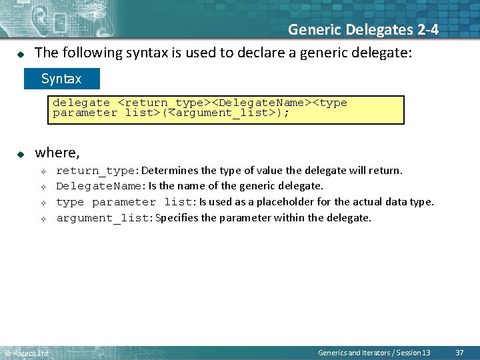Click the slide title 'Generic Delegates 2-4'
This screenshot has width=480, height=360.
(363, 29)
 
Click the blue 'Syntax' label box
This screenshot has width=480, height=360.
(61, 79)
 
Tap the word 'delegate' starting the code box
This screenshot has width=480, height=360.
(81, 103)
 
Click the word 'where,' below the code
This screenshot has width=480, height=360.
(57, 153)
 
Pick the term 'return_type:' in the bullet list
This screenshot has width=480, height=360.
(97, 171)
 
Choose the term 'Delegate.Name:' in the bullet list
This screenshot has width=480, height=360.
(101, 186)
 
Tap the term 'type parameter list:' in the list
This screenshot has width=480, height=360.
(126, 202)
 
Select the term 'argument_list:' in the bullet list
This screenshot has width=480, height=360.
(104, 218)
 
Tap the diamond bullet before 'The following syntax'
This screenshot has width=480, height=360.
(21, 53)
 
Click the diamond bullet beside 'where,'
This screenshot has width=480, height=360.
(21, 154)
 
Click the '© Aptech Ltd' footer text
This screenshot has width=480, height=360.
(27, 353)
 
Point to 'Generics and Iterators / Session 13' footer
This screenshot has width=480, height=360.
(374, 352)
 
